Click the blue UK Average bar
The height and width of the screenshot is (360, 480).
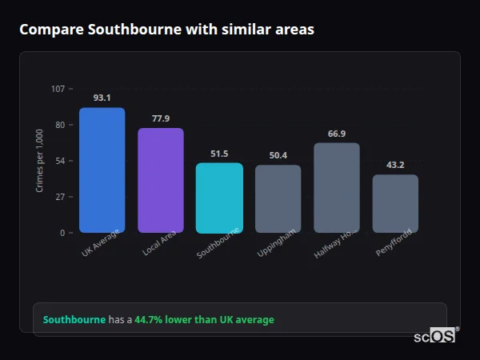pyautogui.click(x=102, y=170)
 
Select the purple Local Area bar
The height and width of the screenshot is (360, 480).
pyautogui.click(x=161, y=180)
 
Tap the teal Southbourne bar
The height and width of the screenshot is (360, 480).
pyautogui.click(x=219, y=198)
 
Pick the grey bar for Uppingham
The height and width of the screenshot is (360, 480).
pyautogui.click(x=278, y=198)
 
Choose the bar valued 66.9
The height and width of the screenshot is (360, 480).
pyautogui.click(x=337, y=187)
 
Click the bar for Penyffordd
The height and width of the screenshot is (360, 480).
pyautogui.click(x=395, y=203)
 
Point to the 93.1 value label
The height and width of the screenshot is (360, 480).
pyautogui.click(x=102, y=98)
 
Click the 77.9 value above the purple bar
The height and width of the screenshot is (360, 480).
pyautogui.click(x=161, y=118)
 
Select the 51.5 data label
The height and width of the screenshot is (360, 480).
pyautogui.click(x=219, y=154)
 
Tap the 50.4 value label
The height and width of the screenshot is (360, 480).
pyautogui.click(x=278, y=155)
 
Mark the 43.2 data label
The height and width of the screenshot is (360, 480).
pyautogui.click(x=395, y=165)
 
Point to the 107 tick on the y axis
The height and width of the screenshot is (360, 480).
pyautogui.click(x=58, y=88)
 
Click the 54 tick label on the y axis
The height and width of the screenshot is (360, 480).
pyautogui.click(x=60, y=161)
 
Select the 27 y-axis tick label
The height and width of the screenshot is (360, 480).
pyautogui.click(x=60, y=197)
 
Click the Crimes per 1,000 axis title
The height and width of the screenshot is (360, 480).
pyautogui.click(x=40, y=160)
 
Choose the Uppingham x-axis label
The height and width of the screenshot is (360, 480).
pyautogui.click(x=277, y=244)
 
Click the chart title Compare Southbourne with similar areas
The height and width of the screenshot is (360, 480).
pyautogui.click(x=166, y=30)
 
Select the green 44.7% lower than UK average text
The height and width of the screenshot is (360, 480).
pyautogui.click(x=204, y=320)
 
